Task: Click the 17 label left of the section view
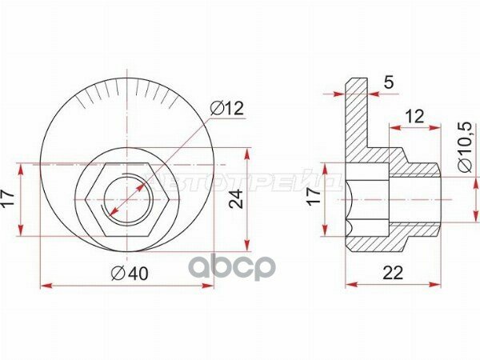(314, 198)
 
